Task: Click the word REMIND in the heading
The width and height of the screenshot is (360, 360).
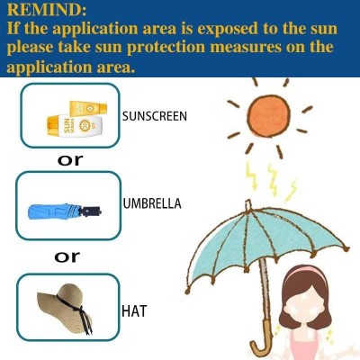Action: coord(47,10)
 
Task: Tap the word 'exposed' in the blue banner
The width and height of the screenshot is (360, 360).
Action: coord(220,29)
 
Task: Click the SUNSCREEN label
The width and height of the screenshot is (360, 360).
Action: coord(155,116)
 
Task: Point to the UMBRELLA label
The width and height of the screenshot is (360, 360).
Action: coord(152,203)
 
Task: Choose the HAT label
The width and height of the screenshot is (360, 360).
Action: coord(134,310)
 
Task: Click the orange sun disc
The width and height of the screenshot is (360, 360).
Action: coord(269,116)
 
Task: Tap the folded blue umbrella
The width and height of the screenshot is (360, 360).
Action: coord(65,212)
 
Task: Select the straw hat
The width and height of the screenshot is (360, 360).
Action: coord(66,306)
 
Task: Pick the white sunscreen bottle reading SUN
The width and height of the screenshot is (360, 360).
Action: coord(75,127)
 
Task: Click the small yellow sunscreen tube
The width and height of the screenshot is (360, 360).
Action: coord(88,108)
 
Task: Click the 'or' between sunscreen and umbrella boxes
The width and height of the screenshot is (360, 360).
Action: coord(69,160)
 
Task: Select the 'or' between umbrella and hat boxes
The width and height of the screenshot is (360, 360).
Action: coord(67,257)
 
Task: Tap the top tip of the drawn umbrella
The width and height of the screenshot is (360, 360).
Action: coord(247,202)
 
